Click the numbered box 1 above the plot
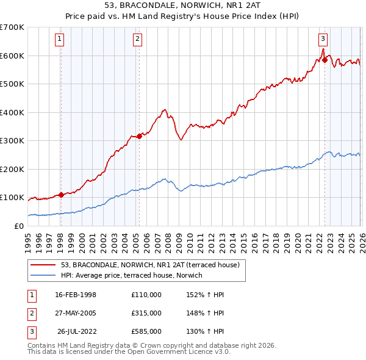pyautogui.click(x=60, y=40)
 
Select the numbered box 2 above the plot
pyautogui.click(x=138, y=40)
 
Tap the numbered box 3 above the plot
pyautogui.click(x=323, y=40)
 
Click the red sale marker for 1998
pyautogui.click(x=61, y=195)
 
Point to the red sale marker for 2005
pyautogui.click(x=139, y=136)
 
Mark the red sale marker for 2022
pyautogui.click(x=325, y=60)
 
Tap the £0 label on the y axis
pyautogui.click(x=18, y=226)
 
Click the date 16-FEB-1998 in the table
pyautogui.click(x=76, y=295)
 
